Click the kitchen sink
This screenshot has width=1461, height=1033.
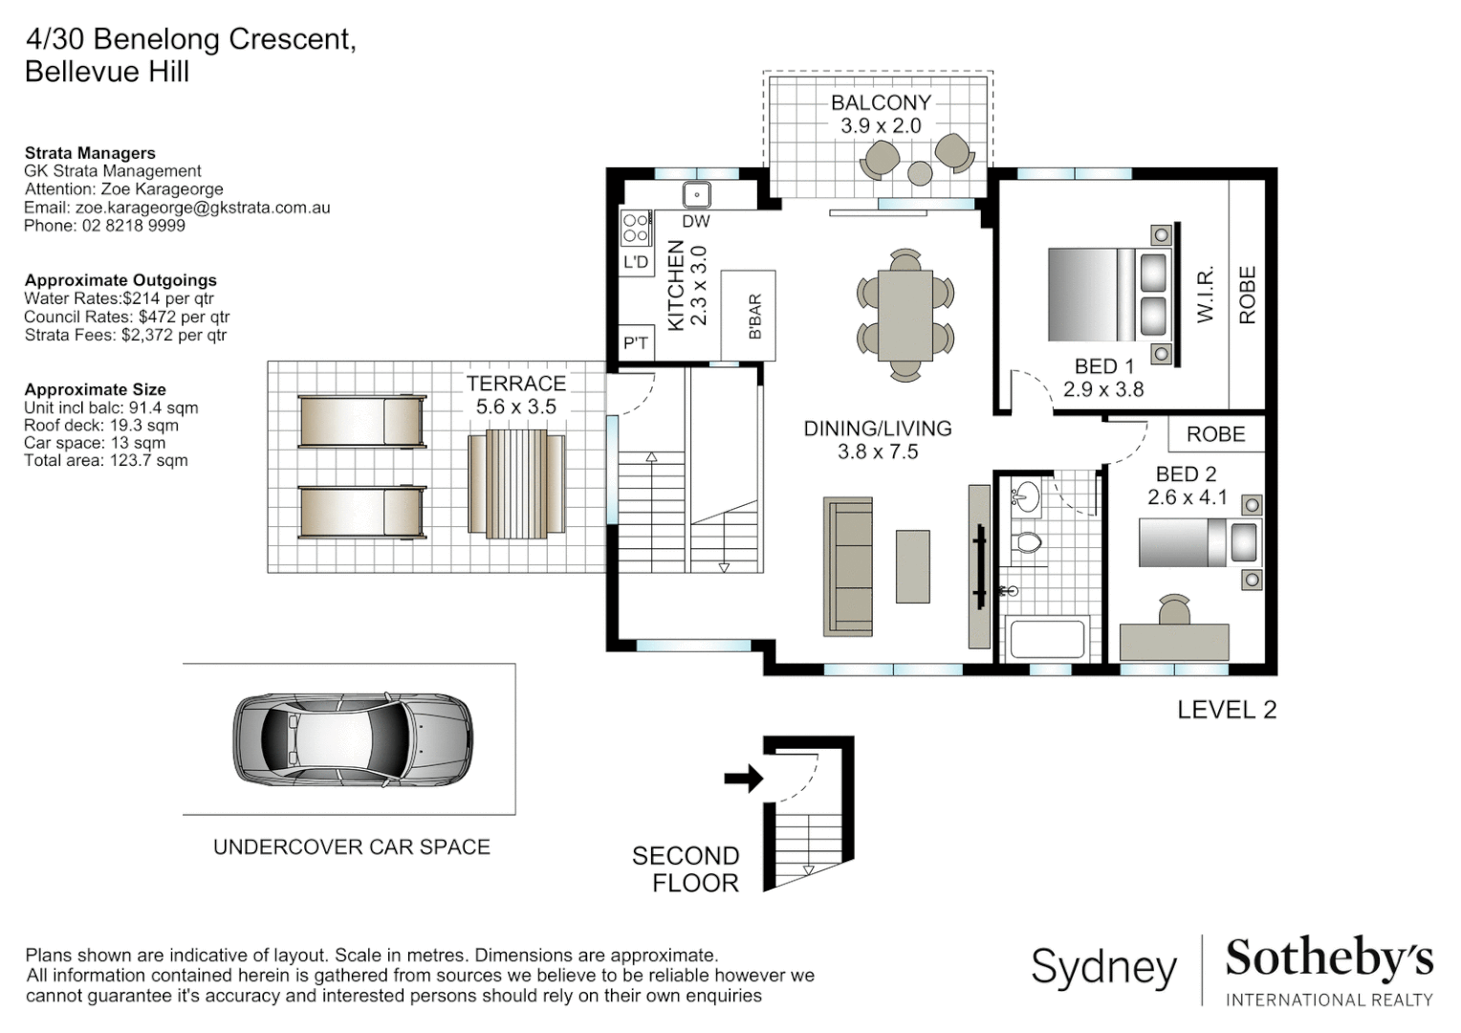(697, 195)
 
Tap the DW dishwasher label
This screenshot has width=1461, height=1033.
(696, 222)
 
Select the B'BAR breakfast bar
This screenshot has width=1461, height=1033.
(748, 316)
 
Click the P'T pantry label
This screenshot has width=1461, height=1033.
(636, 343)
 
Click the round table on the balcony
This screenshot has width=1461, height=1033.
(919, 173)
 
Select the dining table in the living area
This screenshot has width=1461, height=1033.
(905, 315)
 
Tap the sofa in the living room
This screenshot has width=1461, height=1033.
(848, 566)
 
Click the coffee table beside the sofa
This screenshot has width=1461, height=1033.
(912, 566)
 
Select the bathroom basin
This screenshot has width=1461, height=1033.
(1026, 496)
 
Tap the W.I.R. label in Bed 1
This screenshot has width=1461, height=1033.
(1205, 295)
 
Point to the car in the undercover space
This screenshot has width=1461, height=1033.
(353, 738)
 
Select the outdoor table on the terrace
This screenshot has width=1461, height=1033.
(515, 483)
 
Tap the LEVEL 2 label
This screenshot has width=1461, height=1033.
(1226, 710)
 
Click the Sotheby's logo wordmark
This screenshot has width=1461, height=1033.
(1328, 958)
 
